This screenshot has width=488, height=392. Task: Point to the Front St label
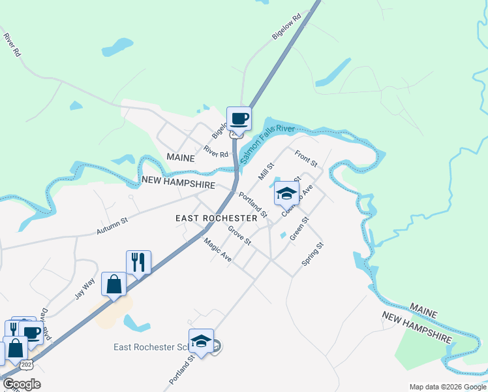(x=305, y=157)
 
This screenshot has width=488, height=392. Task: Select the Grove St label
(x=239, y=235)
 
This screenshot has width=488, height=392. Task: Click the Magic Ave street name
(x=217, y=249)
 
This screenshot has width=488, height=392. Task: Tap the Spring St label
(x=313, y=254)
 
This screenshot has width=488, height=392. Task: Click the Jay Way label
(x=85, y=288)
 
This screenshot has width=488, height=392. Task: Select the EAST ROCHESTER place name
(x=216, y=218)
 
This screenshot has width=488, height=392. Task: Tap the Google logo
(x=22, y=384)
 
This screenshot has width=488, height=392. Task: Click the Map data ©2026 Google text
(x=448, y=387)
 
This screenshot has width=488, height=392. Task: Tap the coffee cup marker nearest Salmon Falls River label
(x=239, y=119)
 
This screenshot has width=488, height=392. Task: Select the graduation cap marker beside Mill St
(x=286, y=193)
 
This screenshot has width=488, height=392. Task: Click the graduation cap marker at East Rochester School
(x=202, y=340)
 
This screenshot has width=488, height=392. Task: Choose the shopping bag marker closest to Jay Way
(x=114, y=284)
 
